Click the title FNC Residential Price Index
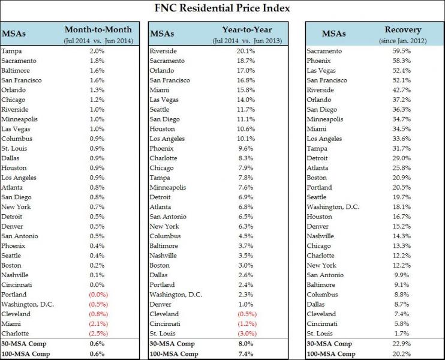pyautogui.click(x=222, y=10)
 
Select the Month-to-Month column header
pyautogui.click(x=98, y=29)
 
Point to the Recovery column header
pyautogui.click(x=403, y=29)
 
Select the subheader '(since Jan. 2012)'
pyautogui.click(x=403, y=40)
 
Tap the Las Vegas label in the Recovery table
pyautogui.click(x=323, y=71)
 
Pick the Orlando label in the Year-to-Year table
pyautogui.click(x=162, y=71)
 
